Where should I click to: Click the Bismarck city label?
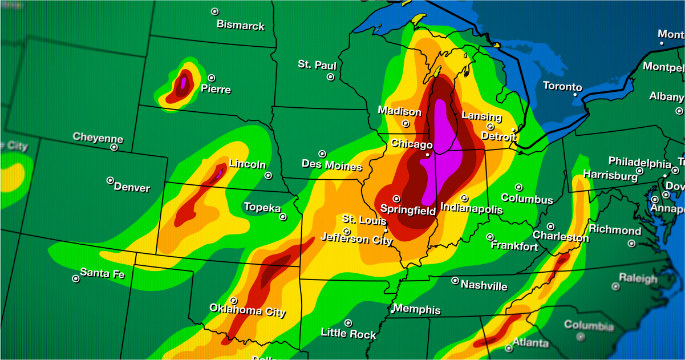point(240,26)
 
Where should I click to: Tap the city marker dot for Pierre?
point(212,78)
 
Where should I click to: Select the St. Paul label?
point(317,65)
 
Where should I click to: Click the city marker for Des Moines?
point(322,154)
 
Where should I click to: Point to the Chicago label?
point(411,144)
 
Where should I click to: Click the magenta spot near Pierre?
point(183,82)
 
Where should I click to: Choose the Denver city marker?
point(110,180)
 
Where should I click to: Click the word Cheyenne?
point(98,138)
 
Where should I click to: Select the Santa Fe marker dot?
point(75,279)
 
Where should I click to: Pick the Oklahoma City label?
point(248,311)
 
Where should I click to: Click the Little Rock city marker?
point(348,323)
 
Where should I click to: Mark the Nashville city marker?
point(455,281)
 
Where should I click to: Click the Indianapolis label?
point(472,209)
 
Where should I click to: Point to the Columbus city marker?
point(519,187)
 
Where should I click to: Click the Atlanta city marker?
point(509,347)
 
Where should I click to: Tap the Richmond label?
point(615,230)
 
